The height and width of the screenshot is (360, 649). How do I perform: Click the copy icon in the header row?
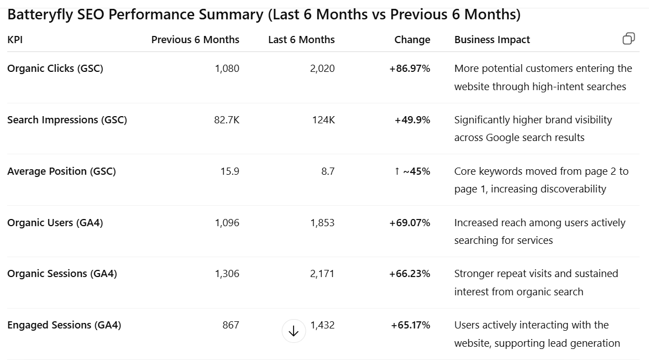point(629,39)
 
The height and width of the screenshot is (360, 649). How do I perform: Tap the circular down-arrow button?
point(294,331)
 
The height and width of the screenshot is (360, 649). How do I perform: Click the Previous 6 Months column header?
point(195,40)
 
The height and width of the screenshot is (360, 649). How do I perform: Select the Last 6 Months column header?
point(301,40)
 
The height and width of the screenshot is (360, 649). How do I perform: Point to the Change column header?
point(412,40)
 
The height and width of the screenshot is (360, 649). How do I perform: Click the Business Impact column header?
point(492,40)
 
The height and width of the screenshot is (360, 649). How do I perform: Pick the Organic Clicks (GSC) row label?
point(55,69)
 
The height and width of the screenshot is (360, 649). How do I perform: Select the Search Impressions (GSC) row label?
point(67,120)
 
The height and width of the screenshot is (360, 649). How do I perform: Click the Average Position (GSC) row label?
point(61,171)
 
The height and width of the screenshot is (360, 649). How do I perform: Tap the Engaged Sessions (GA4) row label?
point(64,325)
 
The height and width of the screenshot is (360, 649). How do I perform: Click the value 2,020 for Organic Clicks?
point(322,69)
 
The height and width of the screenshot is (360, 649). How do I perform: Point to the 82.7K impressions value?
point(227,120)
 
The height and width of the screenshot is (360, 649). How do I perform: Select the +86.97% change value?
point(410,69)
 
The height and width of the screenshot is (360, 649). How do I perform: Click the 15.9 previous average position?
point(230,171)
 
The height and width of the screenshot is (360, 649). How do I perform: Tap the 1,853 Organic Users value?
point(322,223)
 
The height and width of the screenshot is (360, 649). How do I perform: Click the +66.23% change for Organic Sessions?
point(410,274)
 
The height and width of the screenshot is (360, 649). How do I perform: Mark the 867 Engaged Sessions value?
point(231,325)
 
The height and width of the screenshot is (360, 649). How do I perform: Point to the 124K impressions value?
point(323,120)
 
